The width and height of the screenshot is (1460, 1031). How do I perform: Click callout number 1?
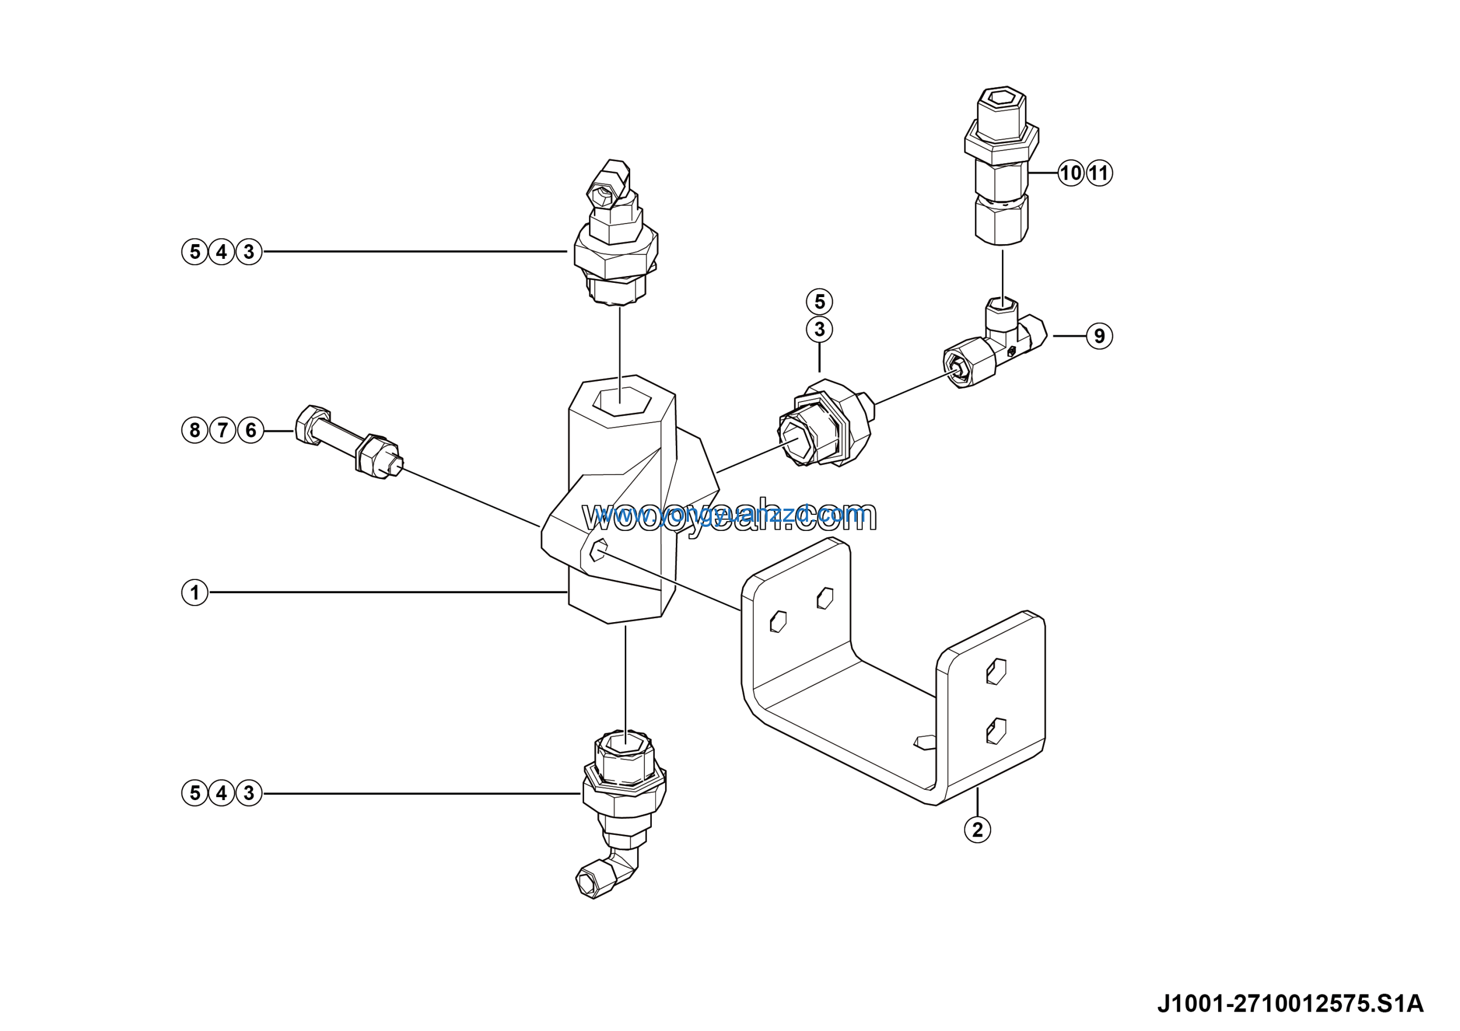(194, 592)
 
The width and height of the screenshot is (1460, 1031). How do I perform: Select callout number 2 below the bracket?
(978, 830)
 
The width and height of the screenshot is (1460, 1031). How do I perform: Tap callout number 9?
(1100, 336)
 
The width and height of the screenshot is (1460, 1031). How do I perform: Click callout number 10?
(1071, 173)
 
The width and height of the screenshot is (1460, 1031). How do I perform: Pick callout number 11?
(1100, 173)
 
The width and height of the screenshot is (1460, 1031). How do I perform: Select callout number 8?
(194, 431)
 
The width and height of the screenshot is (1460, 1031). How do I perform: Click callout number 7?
(222, 431)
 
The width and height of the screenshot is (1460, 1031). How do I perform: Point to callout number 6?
(250, 431)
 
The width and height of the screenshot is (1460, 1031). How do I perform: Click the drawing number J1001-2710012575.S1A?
(1289, 1004)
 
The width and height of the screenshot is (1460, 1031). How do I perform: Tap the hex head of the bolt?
(311, 425)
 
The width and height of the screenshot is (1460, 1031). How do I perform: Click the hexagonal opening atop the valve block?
(622, 401)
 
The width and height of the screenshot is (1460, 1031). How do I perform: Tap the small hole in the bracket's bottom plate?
(925, 742)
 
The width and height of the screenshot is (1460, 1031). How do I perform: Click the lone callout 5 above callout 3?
(819, 301)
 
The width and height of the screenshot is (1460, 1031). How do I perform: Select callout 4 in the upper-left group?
(221, 251)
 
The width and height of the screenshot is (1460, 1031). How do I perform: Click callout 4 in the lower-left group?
(221, 793)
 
